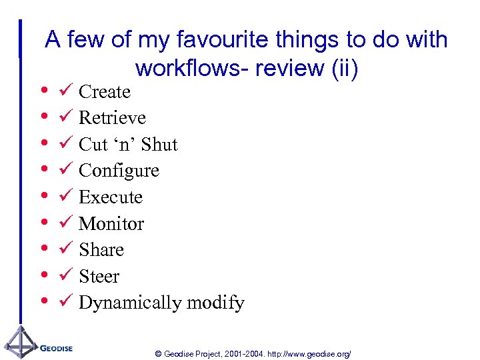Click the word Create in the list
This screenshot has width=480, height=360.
click(104, 91)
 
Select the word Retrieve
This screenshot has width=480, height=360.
click(112, 118)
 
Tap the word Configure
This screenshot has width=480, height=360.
click(119, 171)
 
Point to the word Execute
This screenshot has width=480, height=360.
click(110, 197)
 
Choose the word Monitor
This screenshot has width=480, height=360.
click(111, 223)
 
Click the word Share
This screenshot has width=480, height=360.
click(101, 250)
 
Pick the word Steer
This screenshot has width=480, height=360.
click(99, 276)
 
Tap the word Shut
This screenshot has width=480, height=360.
click(159, 145)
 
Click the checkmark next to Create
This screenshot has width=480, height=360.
click(64, 91)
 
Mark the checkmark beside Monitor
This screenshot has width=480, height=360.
click(64, 223)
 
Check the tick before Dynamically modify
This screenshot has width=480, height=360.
click(64, 302)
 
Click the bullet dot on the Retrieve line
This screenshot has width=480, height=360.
click(43, 117)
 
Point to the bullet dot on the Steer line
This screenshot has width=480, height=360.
click(43, 275)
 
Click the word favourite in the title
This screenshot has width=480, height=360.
click(193, 40)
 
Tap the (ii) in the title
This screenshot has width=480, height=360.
click(343, 68)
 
